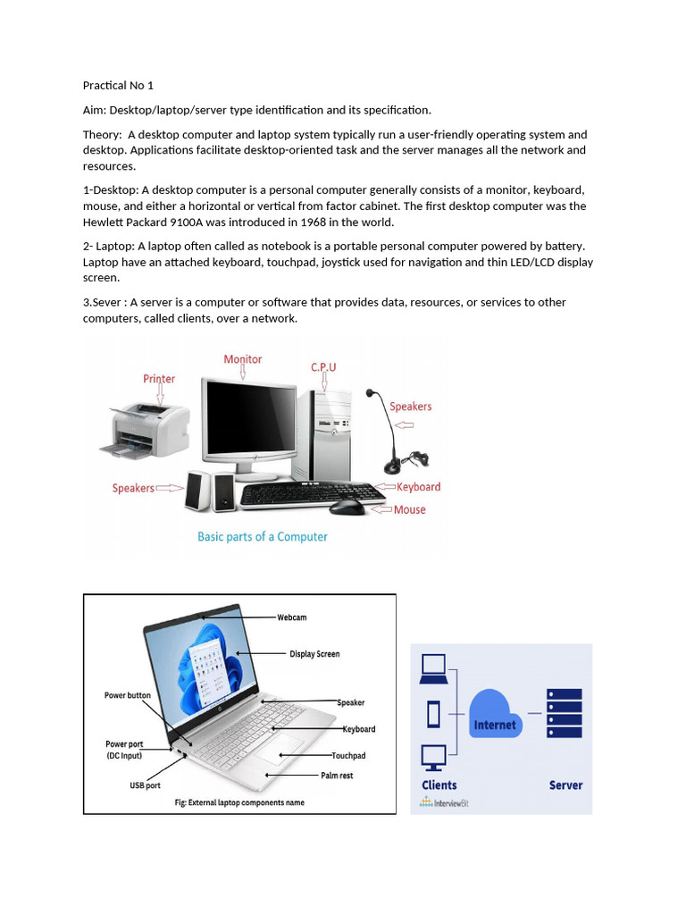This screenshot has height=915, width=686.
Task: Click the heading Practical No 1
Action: coord(118,86)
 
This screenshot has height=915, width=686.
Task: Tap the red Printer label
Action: coord(159,379)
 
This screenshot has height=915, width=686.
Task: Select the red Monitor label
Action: coord(243,359)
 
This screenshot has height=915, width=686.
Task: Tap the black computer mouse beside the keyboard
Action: coord(347,507)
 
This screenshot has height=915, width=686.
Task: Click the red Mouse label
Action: coord(409,510)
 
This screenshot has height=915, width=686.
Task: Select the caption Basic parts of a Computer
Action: coord(262,537)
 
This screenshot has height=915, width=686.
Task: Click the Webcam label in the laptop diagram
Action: coord(291,617)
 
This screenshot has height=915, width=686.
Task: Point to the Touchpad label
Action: coord(348,756)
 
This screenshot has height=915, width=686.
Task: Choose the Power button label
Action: coord(128,695)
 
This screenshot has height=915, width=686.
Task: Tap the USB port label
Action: coord(145,785)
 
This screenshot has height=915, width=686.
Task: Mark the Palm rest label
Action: coord(337,776)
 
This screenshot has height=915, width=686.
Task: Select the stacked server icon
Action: coord(564,712)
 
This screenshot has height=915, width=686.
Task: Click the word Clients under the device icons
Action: coord(439,785)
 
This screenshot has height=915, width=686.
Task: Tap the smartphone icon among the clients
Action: coord(434,714)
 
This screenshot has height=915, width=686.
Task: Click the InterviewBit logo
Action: coord(444,802)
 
